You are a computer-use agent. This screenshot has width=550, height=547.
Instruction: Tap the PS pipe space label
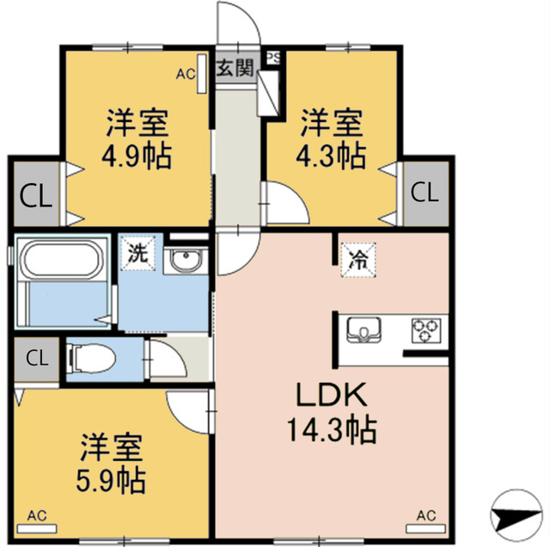click(x=272, y=58)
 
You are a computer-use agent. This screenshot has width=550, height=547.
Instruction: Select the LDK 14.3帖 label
click(x=333, y=411)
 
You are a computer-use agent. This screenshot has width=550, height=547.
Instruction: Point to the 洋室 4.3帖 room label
click(x=332, y=138)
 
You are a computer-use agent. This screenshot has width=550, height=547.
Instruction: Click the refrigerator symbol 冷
click(x=357, y=257)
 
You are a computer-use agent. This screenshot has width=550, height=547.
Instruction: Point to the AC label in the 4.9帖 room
click(x=186, y=74)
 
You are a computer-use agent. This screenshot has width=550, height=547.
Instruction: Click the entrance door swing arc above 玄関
click(x=237, y=22)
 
